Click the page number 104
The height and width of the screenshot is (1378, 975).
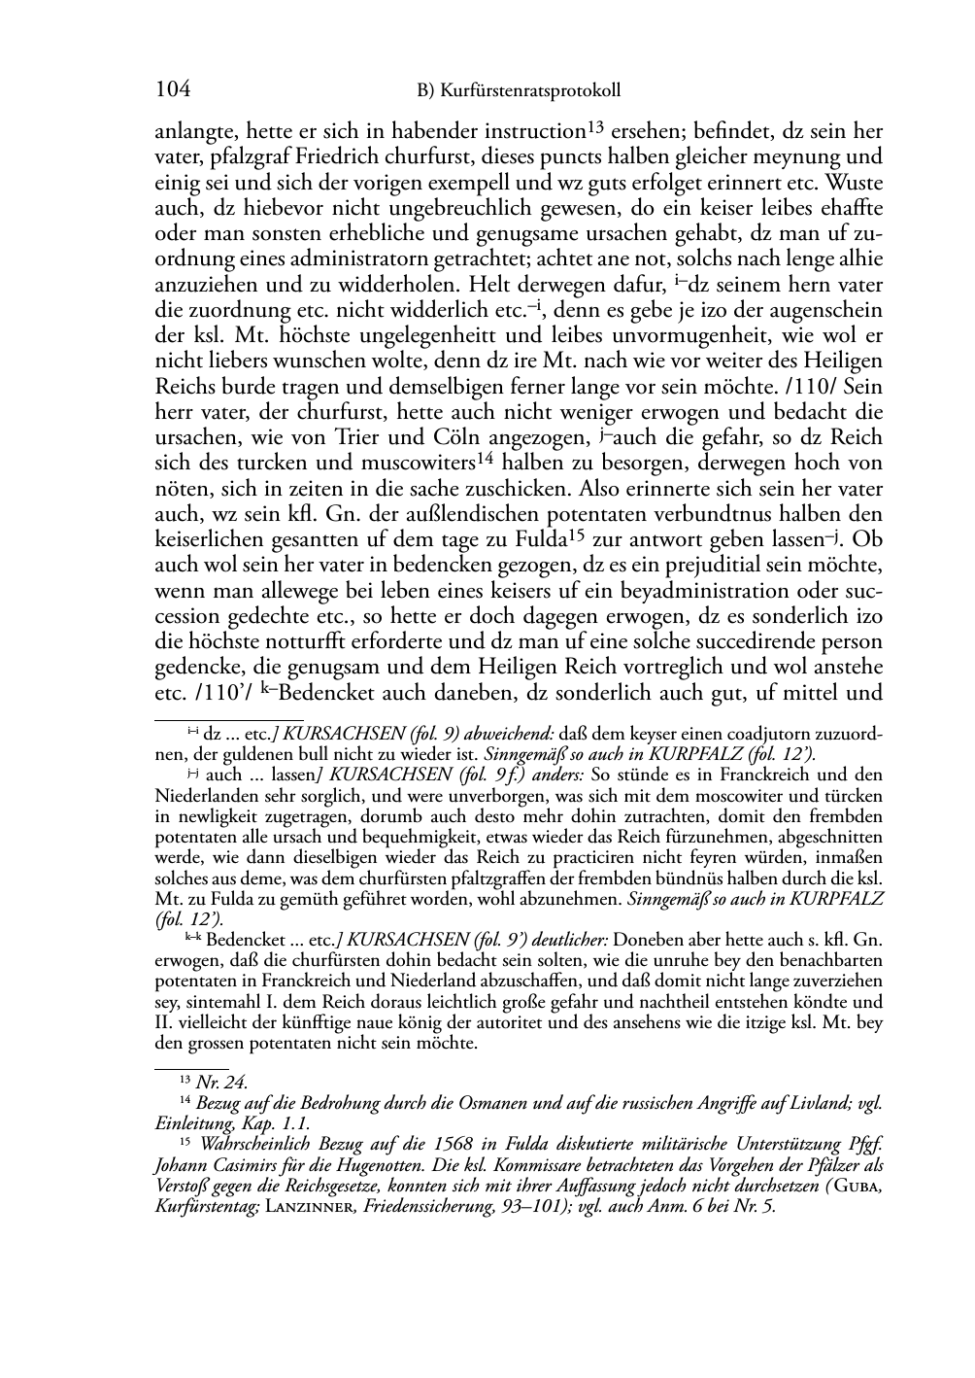tap(172, 90)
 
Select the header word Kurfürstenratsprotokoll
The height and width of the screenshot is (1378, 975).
tap(531, 91)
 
